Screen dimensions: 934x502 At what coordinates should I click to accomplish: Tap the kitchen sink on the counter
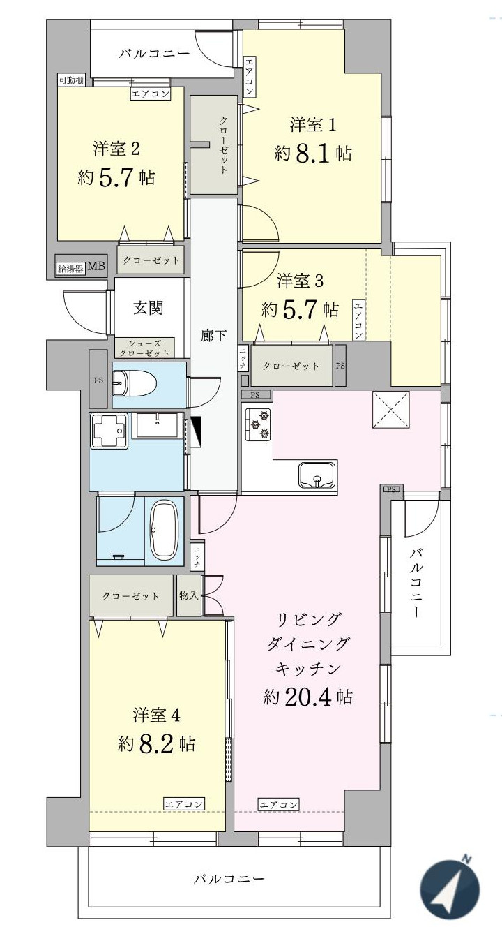click(x=317, y=475)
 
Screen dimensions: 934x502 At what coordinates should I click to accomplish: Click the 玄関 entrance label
click(x=148, y=308)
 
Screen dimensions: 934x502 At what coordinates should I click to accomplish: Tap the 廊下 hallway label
click(x=213, y=336)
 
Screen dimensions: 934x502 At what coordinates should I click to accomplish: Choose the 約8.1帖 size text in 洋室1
click(x=313, y=154)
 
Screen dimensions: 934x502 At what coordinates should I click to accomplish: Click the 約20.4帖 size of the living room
click(x=307, y=696)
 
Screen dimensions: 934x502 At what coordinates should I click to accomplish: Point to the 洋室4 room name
click(x=157, y=716)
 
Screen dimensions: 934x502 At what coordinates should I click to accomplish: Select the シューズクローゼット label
click(x=144, y=348)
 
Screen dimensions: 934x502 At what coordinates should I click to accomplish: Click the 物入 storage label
click(x=189, y=595)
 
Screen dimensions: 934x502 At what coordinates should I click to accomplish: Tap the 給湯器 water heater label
click(x=70, y=268)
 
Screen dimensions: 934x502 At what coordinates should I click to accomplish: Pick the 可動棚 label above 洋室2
click(x=70, y=80)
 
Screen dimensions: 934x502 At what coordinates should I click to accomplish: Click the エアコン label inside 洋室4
click(x=184, y=805)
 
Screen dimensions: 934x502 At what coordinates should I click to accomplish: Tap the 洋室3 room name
click(x=300, y=281)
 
